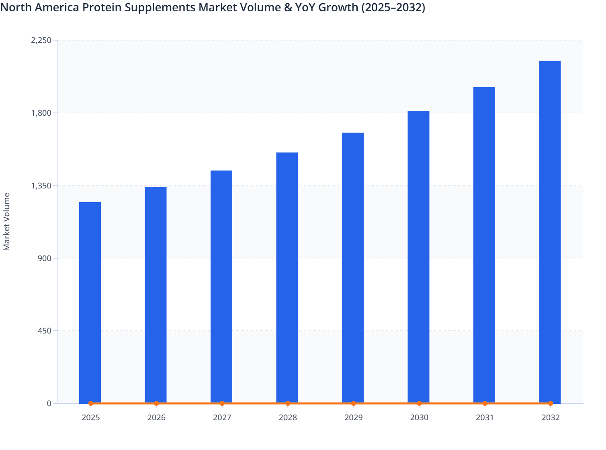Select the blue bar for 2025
tap(90, 301)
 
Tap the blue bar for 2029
tap(353, 267)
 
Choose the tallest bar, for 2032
tap(550, 231)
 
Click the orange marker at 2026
tap(156, 403)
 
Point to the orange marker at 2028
tap(288, 403)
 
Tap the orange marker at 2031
tap(485, 403)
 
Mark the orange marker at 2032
tap(551, 403)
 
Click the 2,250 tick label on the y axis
tap(41, 40)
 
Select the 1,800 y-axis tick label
tap(41, 113)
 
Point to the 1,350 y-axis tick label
tap(41, 186)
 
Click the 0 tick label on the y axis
tap(49, 403)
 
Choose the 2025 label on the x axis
tap(90, 417)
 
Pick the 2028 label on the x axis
tap(288, 417)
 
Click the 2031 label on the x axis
tap(485, 417)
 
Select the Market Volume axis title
tap(7, 222)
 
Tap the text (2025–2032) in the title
tap(393, 7)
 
